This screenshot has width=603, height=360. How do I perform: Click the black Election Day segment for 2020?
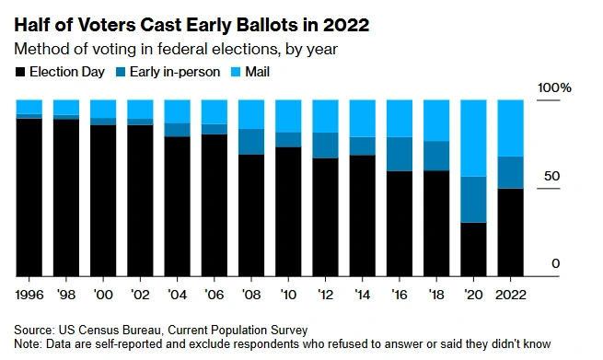click(x=473, y=250)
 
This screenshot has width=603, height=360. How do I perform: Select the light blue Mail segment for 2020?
click(x=473, y=138)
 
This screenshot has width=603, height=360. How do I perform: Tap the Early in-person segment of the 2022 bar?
click(x=510, y=172)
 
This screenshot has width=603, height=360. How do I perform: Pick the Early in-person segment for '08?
click(x=251, y=142)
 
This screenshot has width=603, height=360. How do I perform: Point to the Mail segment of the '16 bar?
click(x=400, y=119)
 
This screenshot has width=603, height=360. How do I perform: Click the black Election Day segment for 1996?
click(x=29, y=197)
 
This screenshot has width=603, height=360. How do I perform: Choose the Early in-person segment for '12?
click(x=325, y=145)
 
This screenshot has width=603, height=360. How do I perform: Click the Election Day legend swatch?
click(x=20, y=72)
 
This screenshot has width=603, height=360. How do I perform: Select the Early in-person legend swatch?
click(x=121, y=72)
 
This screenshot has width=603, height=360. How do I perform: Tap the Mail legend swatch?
click(x=236, y=72)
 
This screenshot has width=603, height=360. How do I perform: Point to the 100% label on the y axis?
click(x=554, y=88)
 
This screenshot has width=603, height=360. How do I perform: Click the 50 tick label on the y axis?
click(x=551, y=176)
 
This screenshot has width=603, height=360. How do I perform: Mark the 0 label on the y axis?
click(x=555, y=264)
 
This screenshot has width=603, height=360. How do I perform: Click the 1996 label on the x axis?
click(x=29, y=295)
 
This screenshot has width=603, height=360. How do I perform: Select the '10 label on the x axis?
click(x=288, y=295)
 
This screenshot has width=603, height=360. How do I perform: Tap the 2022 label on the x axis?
click(x=510, y=295)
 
